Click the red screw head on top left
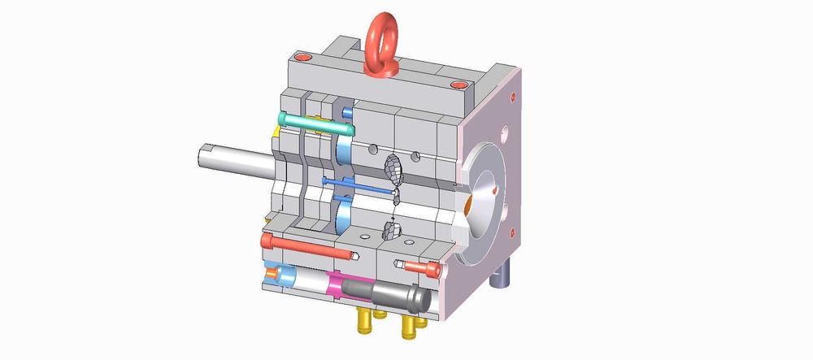303,58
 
